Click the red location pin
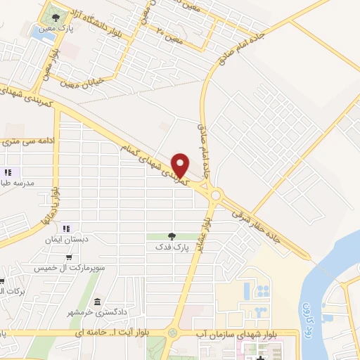181,165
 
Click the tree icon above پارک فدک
171,236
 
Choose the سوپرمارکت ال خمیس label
67,269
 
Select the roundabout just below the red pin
215,195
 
